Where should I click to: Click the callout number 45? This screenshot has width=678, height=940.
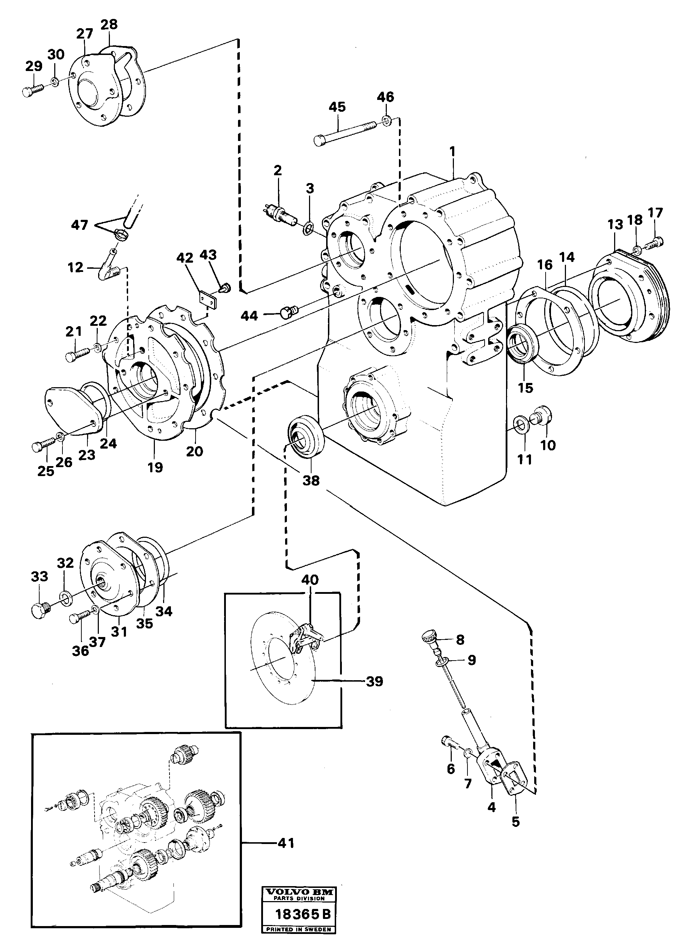(x=337, y=107)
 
